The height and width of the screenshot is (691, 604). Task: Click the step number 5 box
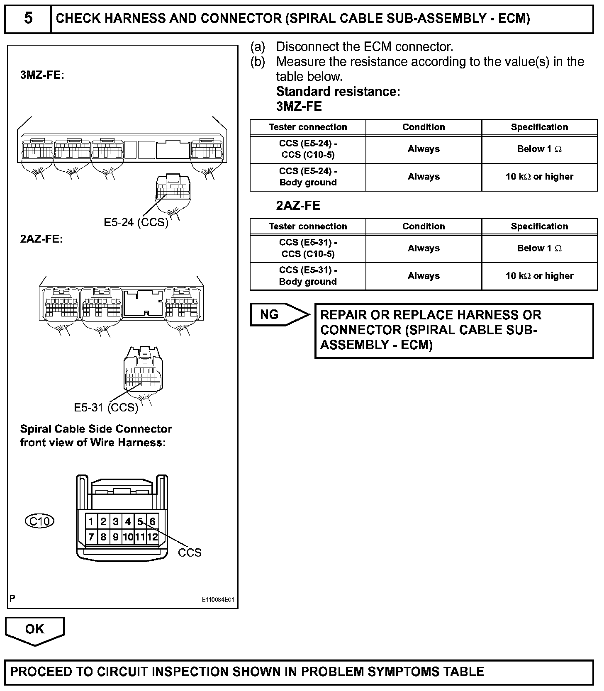(28, 19)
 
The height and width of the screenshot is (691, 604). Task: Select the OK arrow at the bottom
(34, 630)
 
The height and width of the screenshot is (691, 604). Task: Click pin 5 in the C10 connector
(140, 521)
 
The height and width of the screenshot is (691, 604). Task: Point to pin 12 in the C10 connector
(153, 537)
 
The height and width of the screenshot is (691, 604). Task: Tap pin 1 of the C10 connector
(91, 521)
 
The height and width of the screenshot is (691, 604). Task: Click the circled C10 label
(40, 521)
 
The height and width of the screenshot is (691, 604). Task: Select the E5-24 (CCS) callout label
(136, 222)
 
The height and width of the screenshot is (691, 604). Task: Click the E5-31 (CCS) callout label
(106, 407)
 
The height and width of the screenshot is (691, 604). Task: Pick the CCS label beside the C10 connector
(190, 552)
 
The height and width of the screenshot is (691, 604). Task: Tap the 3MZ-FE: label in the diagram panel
(42, 76)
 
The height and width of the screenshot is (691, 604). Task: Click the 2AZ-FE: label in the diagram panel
(41, 239)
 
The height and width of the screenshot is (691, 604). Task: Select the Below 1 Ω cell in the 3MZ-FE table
(539, 149)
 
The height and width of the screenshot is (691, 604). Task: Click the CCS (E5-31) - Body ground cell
(308, 276)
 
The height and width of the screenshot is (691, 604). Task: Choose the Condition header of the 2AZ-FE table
(424, 226)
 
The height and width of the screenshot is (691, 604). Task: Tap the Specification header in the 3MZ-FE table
(539, 127)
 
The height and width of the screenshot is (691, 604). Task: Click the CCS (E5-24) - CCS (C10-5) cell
(308, 149)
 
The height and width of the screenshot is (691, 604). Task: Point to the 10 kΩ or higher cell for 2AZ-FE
(539, 276)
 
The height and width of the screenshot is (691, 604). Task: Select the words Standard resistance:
(338, 92)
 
